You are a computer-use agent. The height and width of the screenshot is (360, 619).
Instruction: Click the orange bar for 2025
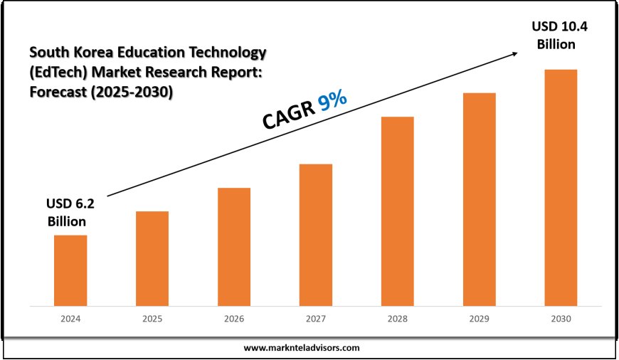[152, 258]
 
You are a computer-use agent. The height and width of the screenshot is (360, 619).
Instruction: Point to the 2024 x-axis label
[70, 319]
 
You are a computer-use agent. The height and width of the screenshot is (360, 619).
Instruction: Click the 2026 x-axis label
[234, 319]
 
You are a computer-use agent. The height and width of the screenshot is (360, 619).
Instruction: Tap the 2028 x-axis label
[397, 319]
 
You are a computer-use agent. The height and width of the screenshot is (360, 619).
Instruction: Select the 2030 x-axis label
[561, 319]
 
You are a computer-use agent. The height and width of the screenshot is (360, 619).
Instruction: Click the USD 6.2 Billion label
[70, 212]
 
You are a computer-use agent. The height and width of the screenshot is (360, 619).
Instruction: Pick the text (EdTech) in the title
[57, 72]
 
